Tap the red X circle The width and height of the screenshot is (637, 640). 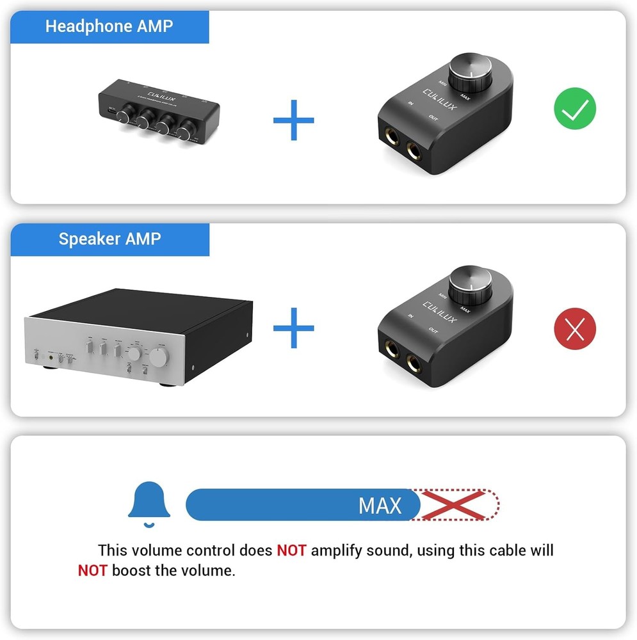tap(574, 330)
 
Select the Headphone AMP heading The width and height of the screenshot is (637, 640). tap(109, 27)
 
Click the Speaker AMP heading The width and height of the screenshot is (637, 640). tap(109, 239)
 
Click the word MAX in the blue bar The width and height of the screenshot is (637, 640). tap(380, 506)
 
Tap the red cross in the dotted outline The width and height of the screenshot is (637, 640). tap(455, 505)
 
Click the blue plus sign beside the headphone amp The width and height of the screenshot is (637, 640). tap(293, 119)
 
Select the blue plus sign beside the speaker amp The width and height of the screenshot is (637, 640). tap(293, 328)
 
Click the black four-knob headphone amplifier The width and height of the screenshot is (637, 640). tap(158, 112)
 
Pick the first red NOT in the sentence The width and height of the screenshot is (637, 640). tap(291, 550)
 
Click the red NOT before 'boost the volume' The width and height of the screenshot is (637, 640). tap(92, 570)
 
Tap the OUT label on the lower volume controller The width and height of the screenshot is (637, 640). tap(433, 330)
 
